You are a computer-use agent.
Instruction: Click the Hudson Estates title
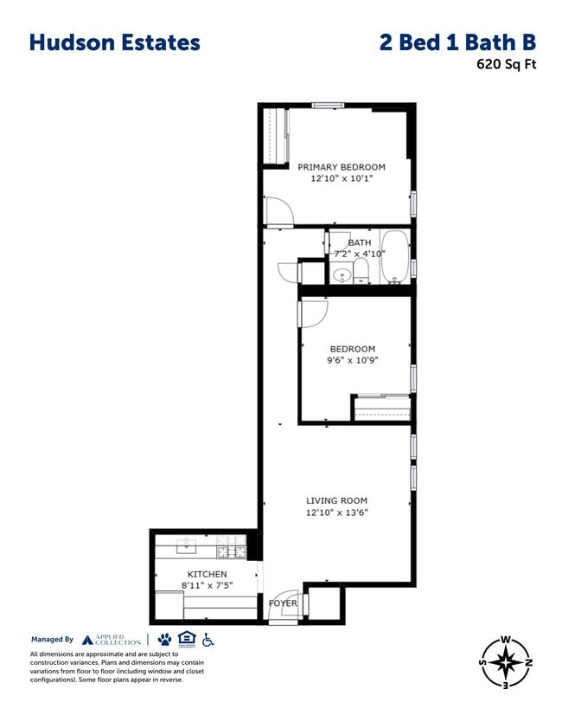pos(114,42)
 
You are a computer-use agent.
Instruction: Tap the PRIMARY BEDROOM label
pos(342,167)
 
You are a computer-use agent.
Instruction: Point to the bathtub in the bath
pos(394,257)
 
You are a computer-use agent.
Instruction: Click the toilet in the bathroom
pos(361,273)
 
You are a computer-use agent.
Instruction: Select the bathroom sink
pos(342,276)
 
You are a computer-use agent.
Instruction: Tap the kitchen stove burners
pos(231,551)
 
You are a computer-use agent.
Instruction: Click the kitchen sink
pos(188,546)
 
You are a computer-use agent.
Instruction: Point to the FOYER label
pos(283,603)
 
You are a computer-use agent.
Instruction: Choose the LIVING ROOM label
pos(336,500)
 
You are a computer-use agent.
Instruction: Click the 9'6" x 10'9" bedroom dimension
pos(352,359)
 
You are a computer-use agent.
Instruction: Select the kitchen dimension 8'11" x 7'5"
pos(208,585)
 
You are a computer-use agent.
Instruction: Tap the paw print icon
pos(164,640)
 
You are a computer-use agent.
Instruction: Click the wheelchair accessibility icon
pos(208,640)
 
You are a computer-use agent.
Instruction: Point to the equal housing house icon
pos(186,640)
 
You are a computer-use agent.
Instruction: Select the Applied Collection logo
pos(112,640)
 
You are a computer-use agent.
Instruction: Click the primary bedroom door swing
pos(279,209)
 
